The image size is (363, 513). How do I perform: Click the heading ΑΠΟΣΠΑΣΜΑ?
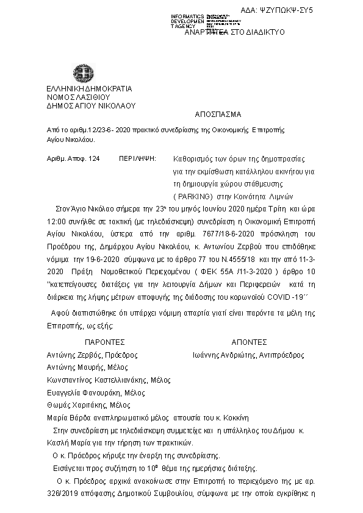tap(218, 114)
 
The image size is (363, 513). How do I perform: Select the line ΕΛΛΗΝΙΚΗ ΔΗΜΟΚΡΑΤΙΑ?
tap(88, 88)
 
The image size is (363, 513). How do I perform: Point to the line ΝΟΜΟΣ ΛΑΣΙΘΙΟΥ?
tap(77, 96)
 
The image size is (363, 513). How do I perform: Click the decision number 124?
tap(93, 158)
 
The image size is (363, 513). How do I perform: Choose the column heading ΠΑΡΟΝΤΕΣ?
tap(105, 342)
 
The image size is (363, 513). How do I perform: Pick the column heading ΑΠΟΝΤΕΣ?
tap(249, 342)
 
